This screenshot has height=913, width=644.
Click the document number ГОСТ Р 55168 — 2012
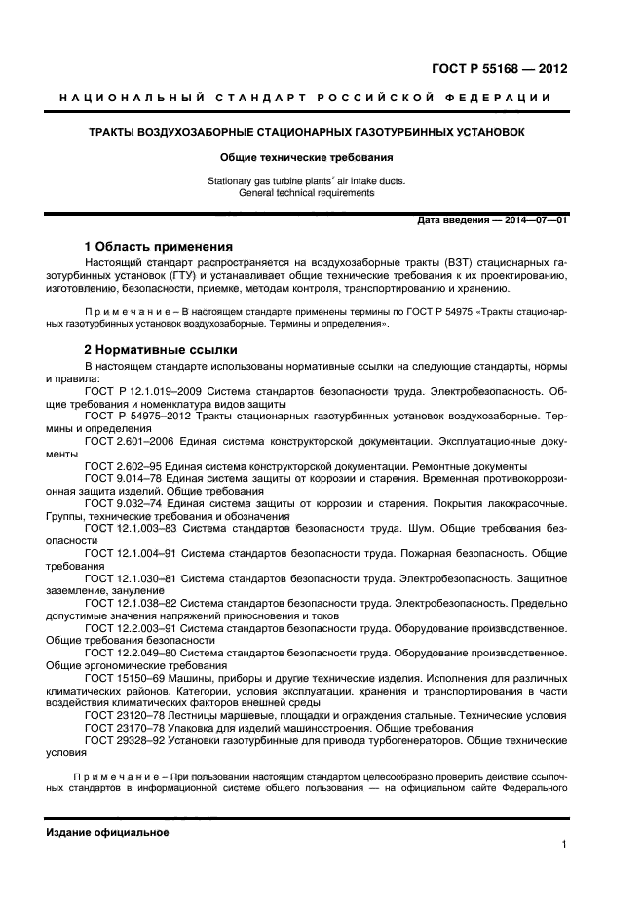point(499,69)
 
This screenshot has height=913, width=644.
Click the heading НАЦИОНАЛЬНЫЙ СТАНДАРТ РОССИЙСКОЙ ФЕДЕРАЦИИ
point(305,98)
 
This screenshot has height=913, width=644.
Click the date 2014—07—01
point(534,221)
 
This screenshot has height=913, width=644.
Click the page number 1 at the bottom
point(564,846)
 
